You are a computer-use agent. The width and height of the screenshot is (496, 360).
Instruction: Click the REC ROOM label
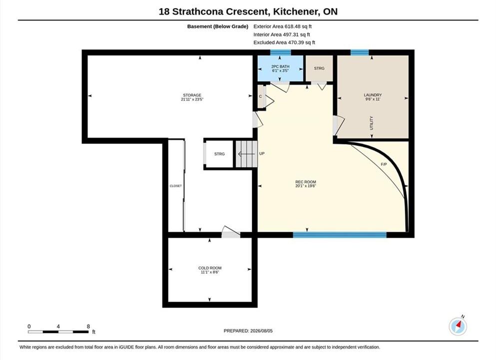pos(306,184)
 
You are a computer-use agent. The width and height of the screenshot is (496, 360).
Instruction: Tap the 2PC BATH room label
pos(280,68)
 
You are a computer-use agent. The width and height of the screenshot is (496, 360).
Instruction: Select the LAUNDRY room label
pos(373,97)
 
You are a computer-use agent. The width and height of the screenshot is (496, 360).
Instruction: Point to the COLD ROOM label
pos(210,270)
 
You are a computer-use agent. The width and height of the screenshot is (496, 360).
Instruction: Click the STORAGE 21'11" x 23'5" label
pos(192,97)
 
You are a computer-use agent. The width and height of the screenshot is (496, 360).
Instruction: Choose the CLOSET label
pos(175,186)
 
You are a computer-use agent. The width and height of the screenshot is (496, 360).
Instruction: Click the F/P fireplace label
pos(384,164)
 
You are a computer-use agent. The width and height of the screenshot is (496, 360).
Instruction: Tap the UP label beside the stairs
pos(262,153)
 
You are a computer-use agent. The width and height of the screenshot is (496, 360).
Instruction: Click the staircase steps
pos(246,154)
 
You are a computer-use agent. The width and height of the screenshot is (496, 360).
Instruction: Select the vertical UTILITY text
pos(372,123)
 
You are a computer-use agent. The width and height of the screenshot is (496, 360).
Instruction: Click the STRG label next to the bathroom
pos(319,68)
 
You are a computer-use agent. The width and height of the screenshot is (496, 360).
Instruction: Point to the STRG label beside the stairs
pos(219,154)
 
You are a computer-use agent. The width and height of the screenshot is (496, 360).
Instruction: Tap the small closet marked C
pos(261,97)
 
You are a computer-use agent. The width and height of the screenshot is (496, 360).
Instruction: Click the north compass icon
pos(458,326)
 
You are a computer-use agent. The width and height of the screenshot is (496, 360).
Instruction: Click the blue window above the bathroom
pos(280,52)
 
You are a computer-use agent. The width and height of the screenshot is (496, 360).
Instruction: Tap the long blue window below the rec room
pos(340,235)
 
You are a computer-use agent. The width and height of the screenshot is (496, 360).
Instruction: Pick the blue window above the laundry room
pos(360,52)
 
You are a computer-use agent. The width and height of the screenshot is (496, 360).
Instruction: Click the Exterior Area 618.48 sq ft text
pos(283,26)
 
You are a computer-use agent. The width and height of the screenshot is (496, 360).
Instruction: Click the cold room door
pos(231,232)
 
